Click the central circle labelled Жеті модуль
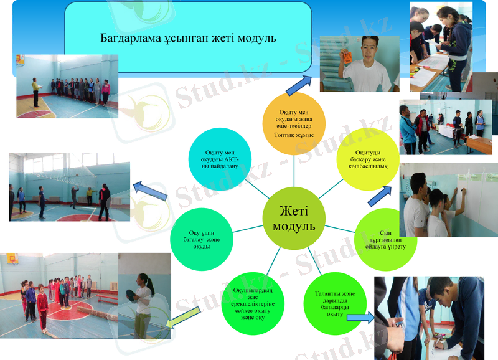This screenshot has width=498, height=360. point(293,217)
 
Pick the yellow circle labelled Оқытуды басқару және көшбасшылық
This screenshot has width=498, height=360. point(367,158)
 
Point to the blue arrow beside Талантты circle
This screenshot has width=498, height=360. point(359,318)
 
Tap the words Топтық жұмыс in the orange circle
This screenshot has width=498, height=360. point(293,135)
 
